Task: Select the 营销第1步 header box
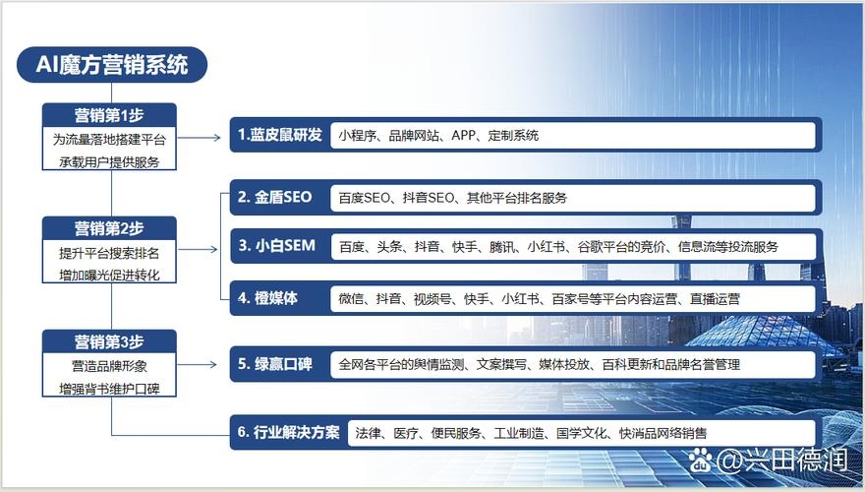tap(109, 115)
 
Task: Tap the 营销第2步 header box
tap(109, 229)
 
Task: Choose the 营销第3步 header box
tap(109, 342)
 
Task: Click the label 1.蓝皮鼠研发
tap(280, 135)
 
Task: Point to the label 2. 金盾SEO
tap(274, 197)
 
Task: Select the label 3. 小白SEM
tap(276, 246)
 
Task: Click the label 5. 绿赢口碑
tap(274, 364)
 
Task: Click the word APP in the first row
tap(464, 136)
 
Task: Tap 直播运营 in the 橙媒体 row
tap(715, 298)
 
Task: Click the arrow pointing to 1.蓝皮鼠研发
tap(202, 138)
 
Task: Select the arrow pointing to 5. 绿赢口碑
tap(202, 365)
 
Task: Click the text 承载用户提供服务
tap(109, 161)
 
